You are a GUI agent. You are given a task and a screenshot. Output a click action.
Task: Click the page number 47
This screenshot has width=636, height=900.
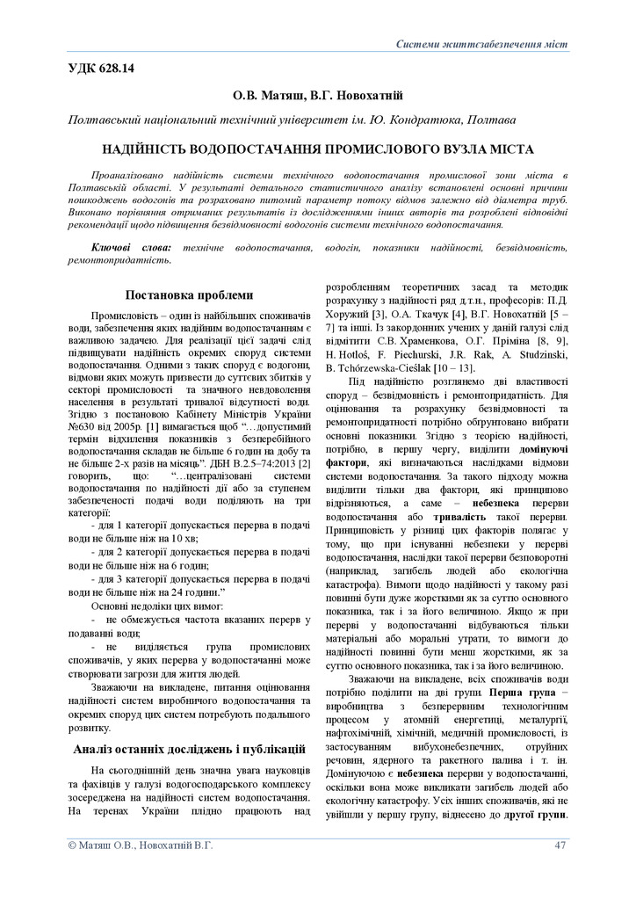(x=560, y=845)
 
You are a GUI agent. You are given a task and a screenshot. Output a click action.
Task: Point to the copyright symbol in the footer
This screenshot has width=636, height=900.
(x=73, y=845)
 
